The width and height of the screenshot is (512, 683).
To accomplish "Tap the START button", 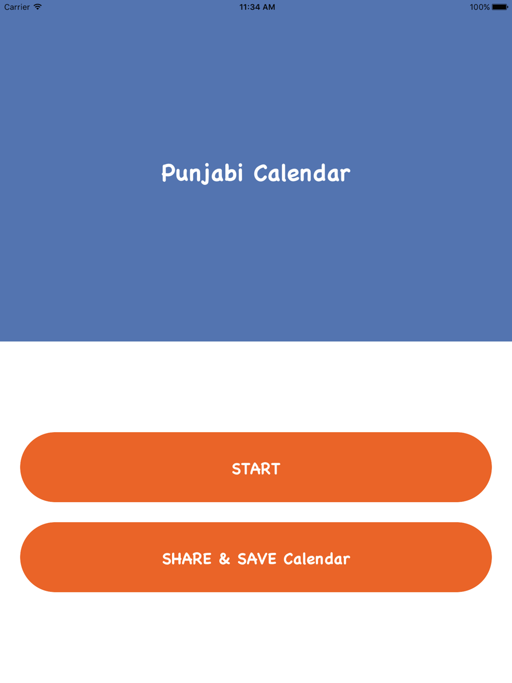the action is click(255, 467).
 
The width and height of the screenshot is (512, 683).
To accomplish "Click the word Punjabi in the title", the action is click(202, 174).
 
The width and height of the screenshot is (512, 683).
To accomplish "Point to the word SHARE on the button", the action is click(187, 559).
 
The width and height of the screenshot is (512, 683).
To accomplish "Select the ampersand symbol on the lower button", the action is click(224, 559).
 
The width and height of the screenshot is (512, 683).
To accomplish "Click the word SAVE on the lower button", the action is click(257, 559).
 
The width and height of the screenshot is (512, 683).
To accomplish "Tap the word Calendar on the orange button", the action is click(316, 559).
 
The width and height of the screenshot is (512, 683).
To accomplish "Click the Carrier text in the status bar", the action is click(17, 7).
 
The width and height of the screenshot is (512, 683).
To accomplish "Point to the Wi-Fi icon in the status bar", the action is click(37, 7).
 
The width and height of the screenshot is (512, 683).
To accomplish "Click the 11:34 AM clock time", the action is click(257, 7).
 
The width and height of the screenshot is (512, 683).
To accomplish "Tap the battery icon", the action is click(500, 7).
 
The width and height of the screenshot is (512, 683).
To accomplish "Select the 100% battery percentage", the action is click(479, 7).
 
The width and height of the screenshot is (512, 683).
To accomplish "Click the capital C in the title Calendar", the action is click(261, 173).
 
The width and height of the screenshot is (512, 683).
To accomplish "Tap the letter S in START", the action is click(237, 469).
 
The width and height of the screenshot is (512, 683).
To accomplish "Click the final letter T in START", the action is click(275, 469).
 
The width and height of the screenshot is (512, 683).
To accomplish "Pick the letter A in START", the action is click(256, 469).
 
